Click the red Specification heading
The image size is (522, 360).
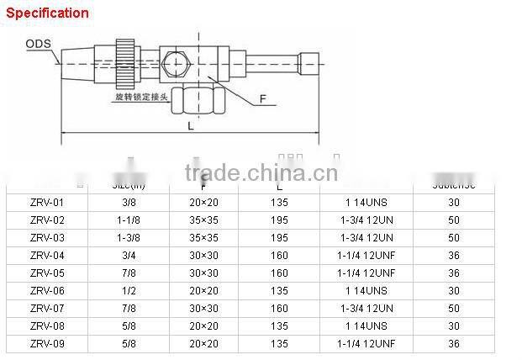48,13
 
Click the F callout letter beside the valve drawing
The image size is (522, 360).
263,99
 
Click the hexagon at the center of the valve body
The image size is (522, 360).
175,64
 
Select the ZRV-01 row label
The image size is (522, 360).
46,202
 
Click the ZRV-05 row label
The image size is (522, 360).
46,273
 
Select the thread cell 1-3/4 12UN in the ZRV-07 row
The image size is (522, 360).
366,309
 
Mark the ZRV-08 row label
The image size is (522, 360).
46,326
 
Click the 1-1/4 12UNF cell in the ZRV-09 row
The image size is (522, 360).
366,344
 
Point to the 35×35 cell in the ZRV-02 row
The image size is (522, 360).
203,220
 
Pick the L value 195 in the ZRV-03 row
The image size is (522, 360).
279,237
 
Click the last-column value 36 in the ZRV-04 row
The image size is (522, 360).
454,255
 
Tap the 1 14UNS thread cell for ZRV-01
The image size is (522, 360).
366,202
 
